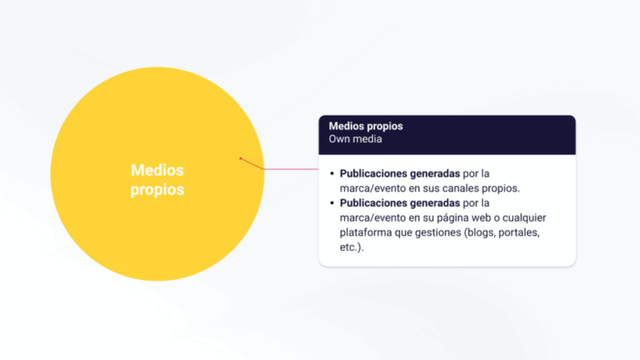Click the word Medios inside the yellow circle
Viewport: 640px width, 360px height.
[157, 170]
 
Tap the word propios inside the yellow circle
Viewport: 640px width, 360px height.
[157, 190]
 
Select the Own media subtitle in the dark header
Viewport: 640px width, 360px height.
[356, 139]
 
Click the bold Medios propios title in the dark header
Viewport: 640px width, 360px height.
[366, 126]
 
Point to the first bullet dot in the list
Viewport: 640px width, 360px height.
[332, 174]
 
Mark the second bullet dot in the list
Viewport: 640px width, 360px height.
[332, 203]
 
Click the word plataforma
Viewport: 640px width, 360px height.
[367, 232]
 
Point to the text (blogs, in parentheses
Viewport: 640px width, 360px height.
[482, 232]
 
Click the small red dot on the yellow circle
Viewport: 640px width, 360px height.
[241, 158]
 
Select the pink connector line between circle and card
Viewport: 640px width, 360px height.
[292, 168]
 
